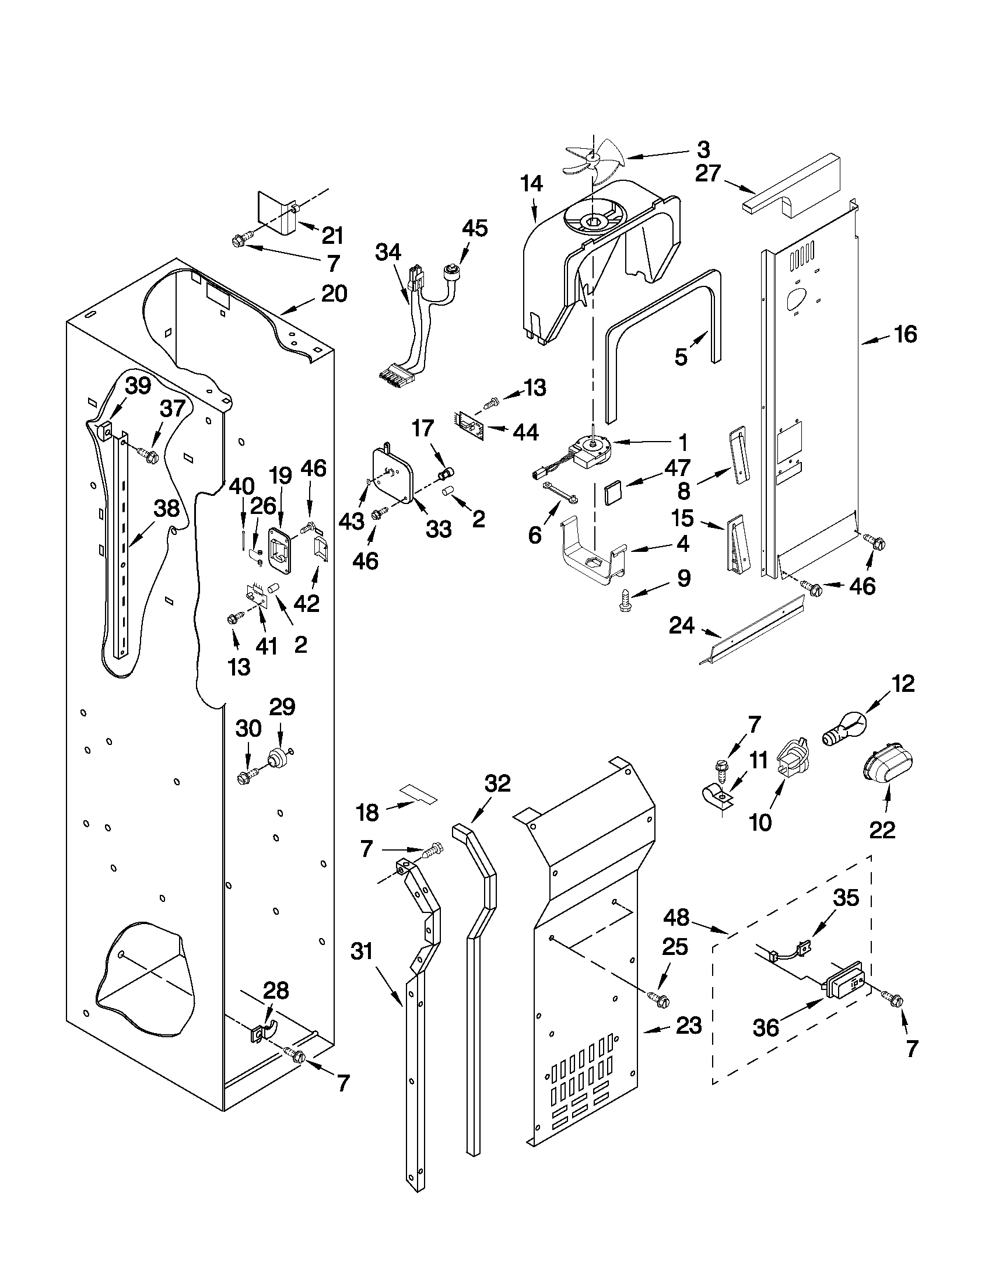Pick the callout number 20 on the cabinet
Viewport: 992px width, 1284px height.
pyautogui.click(x=334, y=293)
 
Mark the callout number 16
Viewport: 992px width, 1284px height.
pyautogui.click(x=905, y=334)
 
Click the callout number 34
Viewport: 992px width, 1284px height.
pyautogui.click(x=388, y=252)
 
